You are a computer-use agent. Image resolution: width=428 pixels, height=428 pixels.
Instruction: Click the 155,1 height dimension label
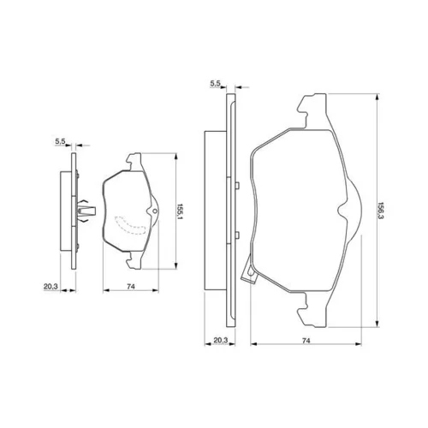[180, 211]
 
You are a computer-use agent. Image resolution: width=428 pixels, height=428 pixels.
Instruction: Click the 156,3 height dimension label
[381, 211]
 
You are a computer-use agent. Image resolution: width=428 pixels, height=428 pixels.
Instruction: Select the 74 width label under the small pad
[131, 286]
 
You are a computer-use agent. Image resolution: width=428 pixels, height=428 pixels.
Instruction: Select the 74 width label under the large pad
[306, 341]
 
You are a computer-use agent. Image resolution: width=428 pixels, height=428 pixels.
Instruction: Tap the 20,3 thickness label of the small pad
[51, 286]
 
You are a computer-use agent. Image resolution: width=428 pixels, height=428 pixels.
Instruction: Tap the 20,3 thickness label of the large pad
[221, 340]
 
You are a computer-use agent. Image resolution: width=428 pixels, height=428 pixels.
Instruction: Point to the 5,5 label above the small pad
[60, 141]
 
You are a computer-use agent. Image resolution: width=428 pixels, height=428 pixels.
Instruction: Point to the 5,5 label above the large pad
[216, 83]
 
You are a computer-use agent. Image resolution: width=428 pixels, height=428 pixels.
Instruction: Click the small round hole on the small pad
[155, 211]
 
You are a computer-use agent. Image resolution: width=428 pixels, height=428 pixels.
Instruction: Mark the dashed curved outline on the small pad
[130, 226]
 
